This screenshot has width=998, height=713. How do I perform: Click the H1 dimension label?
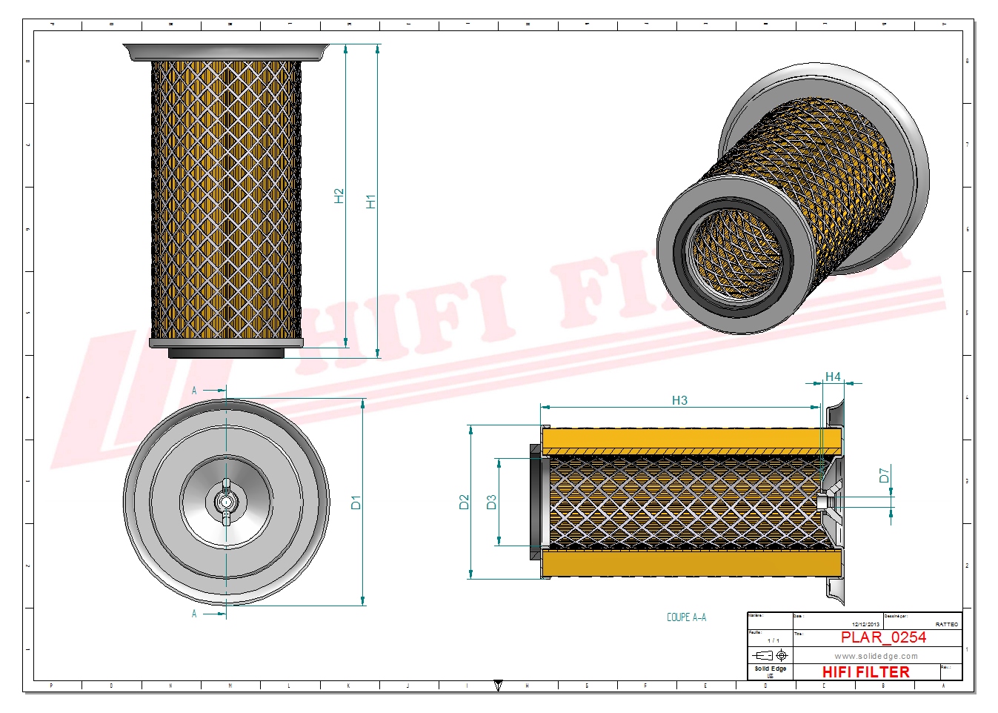click(x=370, y=201)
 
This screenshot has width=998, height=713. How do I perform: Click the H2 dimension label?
click(x=339, y=196)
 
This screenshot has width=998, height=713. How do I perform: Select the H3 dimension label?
click(x=679, y=400)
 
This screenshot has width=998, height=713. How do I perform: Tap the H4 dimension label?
click(x=833, y=377)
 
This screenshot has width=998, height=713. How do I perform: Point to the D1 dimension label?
click(x=356, y=503)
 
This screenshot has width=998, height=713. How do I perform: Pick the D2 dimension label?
click(x=464, y=502)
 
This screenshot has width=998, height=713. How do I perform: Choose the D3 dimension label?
click(x=490, y=502)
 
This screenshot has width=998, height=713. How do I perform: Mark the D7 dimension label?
click(x=884, y=475)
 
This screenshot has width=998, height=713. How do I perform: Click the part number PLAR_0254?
click(x=883, y=637)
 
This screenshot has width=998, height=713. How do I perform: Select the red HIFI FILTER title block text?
click(x=865, y=671)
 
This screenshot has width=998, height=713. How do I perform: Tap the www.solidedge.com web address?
click(x=876, y=656)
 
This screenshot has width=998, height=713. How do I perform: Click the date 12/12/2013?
click(x=865, y=625)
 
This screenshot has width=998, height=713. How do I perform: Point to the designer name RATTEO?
click(x=946, y=625)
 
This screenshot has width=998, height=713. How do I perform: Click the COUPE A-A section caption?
click(x=686, y=617)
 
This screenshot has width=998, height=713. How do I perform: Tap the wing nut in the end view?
click(x=226, y=503)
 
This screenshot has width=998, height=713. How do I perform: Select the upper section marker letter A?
click(x=195, y=391)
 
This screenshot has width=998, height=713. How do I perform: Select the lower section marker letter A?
click(x=195, y=614)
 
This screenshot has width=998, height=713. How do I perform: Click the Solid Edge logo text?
click(x=770, y=669)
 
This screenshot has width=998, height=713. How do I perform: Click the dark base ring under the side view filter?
click(x=226, y=354)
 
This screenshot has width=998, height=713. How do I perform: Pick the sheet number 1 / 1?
click(x=773, y=640)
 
